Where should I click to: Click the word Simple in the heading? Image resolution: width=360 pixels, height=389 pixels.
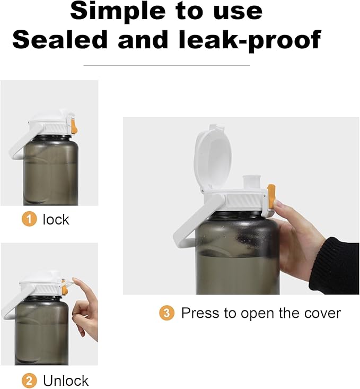117,12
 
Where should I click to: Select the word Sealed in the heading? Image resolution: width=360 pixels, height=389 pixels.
60,39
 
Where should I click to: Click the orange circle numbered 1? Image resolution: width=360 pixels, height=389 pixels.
29,219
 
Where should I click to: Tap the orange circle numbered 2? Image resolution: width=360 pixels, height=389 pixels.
29,381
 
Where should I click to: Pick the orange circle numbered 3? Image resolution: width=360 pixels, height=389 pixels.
166,313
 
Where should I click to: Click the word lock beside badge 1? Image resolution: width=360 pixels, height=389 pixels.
56,219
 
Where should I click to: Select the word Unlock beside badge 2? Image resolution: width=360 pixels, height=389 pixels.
66,381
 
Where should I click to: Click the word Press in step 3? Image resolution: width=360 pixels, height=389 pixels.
200,313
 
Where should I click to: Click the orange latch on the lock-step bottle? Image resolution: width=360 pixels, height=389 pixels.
74,126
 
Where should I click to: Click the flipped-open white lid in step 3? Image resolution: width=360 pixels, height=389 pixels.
213,158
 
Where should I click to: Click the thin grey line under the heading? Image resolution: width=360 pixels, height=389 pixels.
166,65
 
